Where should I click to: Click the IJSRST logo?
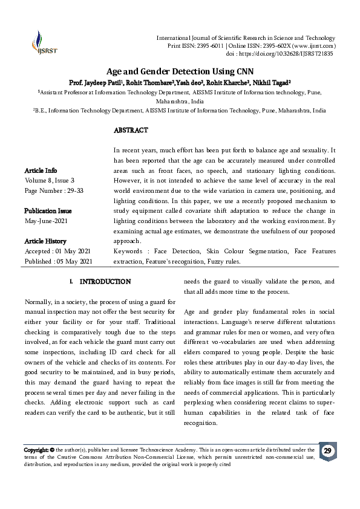pos(41,44)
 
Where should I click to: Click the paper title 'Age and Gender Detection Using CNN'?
pos(179,71)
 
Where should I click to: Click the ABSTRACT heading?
pos(131,130)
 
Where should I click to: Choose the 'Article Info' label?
pos(41,170)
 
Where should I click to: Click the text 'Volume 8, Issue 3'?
pos(50,180)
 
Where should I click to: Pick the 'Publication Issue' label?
pos(48,211)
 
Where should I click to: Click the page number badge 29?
pos(327,452)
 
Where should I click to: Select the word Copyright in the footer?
pos(36,450)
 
